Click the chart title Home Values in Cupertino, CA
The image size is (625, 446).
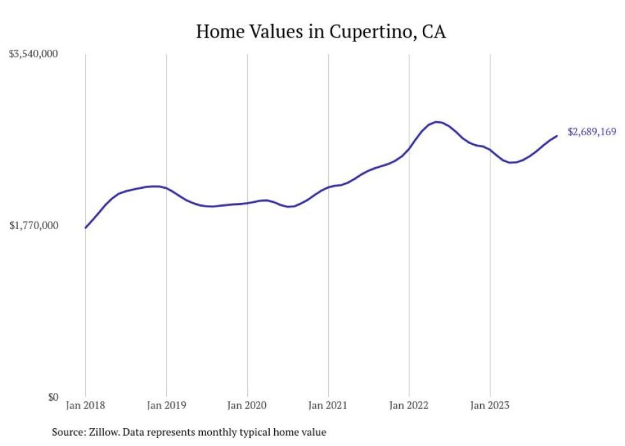tap(321, 31)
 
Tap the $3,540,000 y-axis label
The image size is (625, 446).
tap(34, 54)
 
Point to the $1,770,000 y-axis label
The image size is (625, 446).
tap(34, 225)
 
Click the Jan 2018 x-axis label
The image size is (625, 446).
tap(85, 405)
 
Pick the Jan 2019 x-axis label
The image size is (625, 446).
tap(166, 405)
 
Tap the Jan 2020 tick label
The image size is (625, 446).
tap(247, 405)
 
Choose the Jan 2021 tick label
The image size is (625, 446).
tap(328, 405)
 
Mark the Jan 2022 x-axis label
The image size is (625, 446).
tap(409, 405)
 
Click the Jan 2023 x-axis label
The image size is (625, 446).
tap(490, 405)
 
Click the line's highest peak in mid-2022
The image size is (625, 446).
tap(436, 122)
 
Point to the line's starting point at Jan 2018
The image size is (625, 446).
tap(85, 228)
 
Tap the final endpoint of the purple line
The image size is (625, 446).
tap(557, 136)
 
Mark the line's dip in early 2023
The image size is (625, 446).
tap(511, 163)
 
